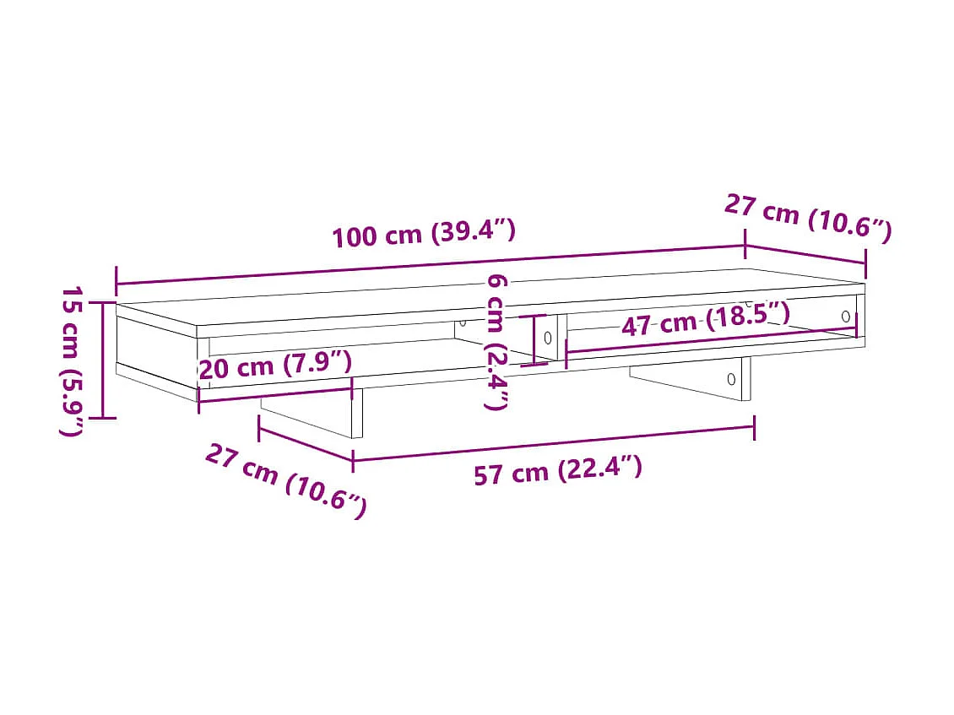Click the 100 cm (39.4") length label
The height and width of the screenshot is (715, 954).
click(423, 233)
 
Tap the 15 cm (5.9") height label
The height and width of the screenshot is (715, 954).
click(74, 360)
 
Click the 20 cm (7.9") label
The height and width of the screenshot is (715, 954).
click(274, 366)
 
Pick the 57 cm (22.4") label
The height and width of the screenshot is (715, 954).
click(557, 470)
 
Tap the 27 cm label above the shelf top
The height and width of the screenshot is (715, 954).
click(807, 219)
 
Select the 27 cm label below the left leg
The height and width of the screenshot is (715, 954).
click(286, 481)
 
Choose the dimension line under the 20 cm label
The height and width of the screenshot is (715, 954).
click(275, 394)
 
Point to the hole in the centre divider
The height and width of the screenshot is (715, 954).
click(547, 338)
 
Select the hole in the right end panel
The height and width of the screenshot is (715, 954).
click(846, 316)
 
